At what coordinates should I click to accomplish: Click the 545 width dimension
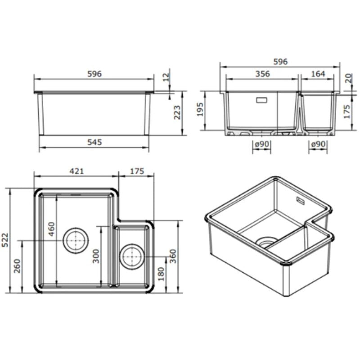[94, 142]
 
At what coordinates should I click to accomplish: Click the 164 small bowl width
[318, 74]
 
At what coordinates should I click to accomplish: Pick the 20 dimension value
[347, 79]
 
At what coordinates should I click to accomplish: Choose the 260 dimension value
[17, 268]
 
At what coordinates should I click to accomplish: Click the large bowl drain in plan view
[76, 240]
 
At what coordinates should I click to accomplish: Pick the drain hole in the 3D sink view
[265, 241]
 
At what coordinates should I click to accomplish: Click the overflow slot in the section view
[261, 100]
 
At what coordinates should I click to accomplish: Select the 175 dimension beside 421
[136, 171]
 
